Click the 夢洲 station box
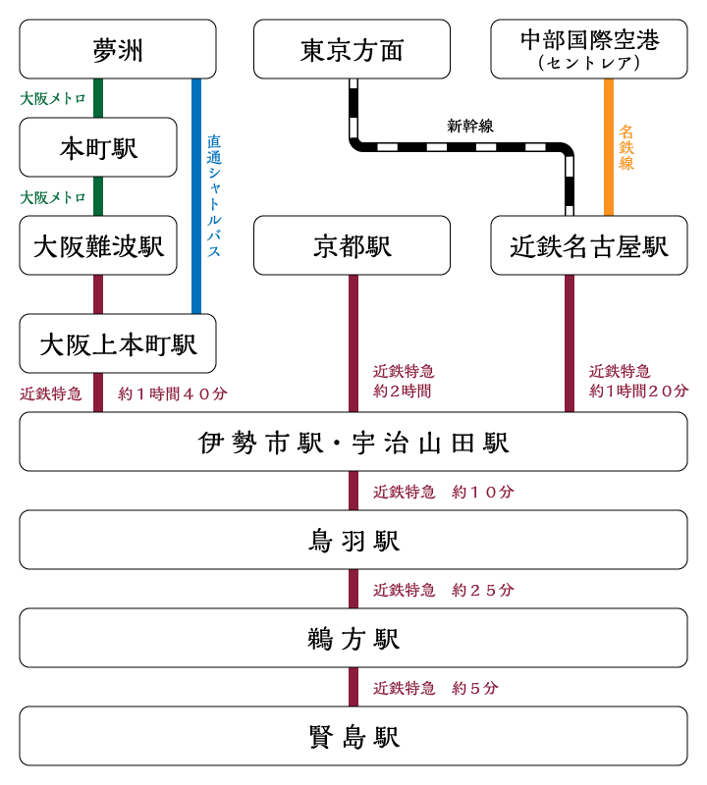117,49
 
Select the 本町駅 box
98,147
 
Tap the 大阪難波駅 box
98,245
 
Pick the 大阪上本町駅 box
117,343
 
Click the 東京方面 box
352,49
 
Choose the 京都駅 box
352,245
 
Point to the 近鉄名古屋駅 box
588,245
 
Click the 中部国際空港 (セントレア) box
588,49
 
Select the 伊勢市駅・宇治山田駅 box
353,442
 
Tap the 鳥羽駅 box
353,540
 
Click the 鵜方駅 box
353,638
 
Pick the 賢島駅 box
353,736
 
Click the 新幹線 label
469,126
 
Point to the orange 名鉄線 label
625,147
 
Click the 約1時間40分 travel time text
173,393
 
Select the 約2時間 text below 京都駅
402,391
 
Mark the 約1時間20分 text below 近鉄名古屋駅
638,391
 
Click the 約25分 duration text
482,590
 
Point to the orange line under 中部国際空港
608,147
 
